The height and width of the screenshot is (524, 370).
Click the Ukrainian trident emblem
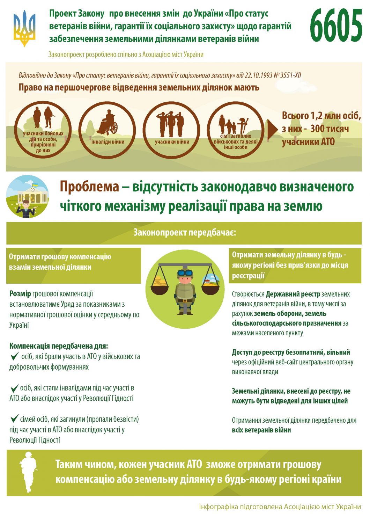(x=24, y=28)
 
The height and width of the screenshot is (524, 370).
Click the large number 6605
(x=336, y=26)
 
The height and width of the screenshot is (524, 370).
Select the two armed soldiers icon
(x=43, y=117)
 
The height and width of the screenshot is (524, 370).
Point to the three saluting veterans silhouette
(x=171, y=124)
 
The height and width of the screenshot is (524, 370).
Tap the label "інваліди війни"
(x=108, y=142)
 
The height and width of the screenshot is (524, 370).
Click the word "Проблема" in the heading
(x=89, y=187)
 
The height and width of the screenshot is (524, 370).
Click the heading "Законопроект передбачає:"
(x=185, y=233)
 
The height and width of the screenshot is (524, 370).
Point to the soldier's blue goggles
(x=185, y=273)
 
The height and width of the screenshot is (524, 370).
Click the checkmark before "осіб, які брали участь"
(x=14, y=356)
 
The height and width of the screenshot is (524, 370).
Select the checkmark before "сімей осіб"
(x=14, y=419)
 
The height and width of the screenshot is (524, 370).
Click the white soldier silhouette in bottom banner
(x=28, y=472)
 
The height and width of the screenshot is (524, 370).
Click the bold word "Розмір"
(x=20, y=294)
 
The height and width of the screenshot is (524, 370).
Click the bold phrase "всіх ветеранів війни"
(x=261, y=430)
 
